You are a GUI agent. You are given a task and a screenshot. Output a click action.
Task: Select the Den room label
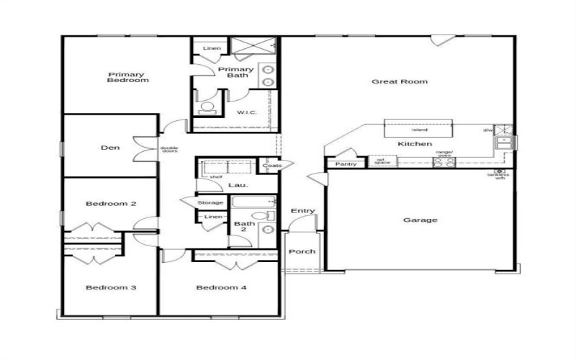pyautogui.click(x=109, y=148)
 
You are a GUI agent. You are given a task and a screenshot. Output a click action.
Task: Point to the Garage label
pyautogui.click(x=420, y=220)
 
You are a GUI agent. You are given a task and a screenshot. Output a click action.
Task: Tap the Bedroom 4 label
pyautogui.click(x=222, y=288)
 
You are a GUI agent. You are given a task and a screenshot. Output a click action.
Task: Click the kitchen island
pyautogui.click(x=418, y=129)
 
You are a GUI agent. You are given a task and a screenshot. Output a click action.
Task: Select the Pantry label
pyautogui.click(x=346, y=164)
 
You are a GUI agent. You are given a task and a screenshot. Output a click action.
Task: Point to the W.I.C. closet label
pyautogui.click(x=247, y=113)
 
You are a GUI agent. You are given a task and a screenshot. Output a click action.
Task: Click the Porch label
pyautogui.click(x=299, y=252)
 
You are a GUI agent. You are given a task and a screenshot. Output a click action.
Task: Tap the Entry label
pyautogui.click(x=302, y=211)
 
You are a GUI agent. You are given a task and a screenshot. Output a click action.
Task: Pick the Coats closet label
pyautogui.click(x=271, y=166)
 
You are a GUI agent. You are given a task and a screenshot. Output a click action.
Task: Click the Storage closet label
pyautogui.click(x=210, y=203)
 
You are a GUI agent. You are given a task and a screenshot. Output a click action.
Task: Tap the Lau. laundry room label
pyautogui.click(x=238, y=185)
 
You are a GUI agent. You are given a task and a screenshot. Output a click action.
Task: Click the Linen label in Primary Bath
pyautogui.click(x=212, y=48)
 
